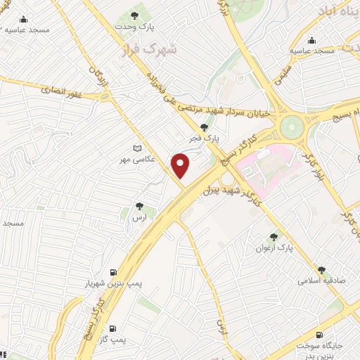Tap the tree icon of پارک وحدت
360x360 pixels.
(134, 15)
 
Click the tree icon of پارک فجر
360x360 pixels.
(204, 127)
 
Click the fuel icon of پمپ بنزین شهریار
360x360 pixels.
(113, 272)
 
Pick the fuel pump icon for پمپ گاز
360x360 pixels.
(112, 328)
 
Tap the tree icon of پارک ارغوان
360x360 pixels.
(274, 238)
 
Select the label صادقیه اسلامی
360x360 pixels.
(319, 281)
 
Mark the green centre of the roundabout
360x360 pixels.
(290, 127)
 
